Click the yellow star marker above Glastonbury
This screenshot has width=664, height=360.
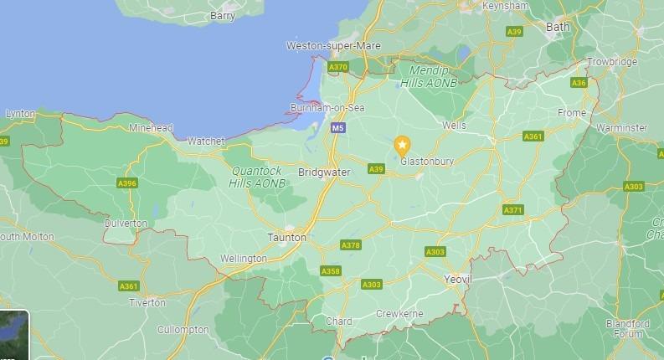pyautogui.click(x=402, y=145)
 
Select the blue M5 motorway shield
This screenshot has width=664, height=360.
pyautogui.click(x=337, y=128)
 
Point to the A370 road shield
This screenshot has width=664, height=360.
pyautogui.click(x=338, y=66)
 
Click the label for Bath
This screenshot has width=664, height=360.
pyautogui.click(x=557, y=27)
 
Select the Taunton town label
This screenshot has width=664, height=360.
pyautogui.click(x=287, y=237)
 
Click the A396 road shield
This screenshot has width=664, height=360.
pyautogui.click(x=127, y=183)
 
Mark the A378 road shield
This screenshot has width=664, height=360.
pyautogui.click(x=351, y=245)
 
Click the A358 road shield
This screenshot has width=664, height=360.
pyautogui.click(x=331, y=271)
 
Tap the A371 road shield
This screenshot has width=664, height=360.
pyautogui.click(x=512, y=209)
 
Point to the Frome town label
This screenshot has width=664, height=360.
pyautogui.click(x=573, y=112)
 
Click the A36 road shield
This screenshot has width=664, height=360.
pyautogui.click(x=579, y=83)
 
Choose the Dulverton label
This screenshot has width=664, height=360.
pyautogui.click(x=126, y=224)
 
